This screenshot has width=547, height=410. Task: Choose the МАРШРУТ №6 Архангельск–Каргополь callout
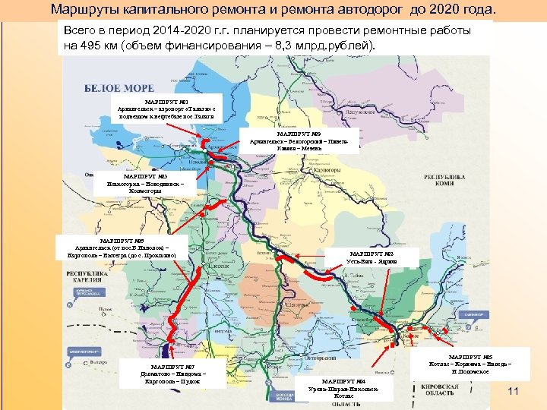(122, 248)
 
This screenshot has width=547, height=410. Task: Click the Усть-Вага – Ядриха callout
(372, 257)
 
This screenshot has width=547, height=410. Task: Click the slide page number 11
(512, 391)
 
